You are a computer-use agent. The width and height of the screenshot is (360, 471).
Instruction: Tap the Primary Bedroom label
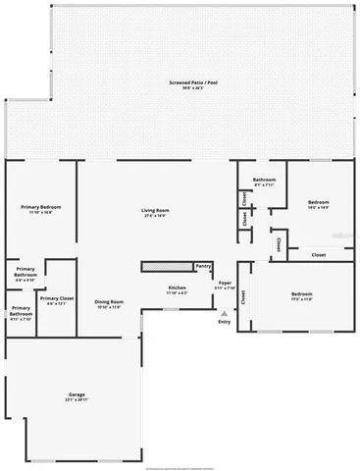(x=38, y=207)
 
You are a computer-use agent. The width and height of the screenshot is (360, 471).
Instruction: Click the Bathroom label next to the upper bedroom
(x=263, y=181)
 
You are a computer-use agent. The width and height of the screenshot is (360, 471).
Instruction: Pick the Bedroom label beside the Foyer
(x=300, y=293)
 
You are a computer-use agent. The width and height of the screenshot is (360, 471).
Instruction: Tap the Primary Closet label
(x=57, y=298)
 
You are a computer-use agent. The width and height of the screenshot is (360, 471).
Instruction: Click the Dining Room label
(x=108, y=301)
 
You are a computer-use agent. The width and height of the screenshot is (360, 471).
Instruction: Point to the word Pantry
(x=203, y=265)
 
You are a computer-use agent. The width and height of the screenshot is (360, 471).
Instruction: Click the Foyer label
(x=225, y=283)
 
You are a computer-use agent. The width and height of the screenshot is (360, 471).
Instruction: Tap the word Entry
(x=224, y=321)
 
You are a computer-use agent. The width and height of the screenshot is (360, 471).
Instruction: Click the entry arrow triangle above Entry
(x=224, y=313)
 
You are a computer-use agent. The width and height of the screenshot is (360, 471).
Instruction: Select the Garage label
(x=77, y=394)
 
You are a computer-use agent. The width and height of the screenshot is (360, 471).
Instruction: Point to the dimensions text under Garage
(x=77, y=400)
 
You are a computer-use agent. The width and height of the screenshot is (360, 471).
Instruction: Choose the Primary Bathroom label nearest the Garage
(x=21, y=311)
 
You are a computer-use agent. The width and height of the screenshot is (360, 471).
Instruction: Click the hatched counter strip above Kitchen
(x=167, y=266)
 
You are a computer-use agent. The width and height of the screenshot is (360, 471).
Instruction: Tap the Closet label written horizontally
(x=319, y=255)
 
